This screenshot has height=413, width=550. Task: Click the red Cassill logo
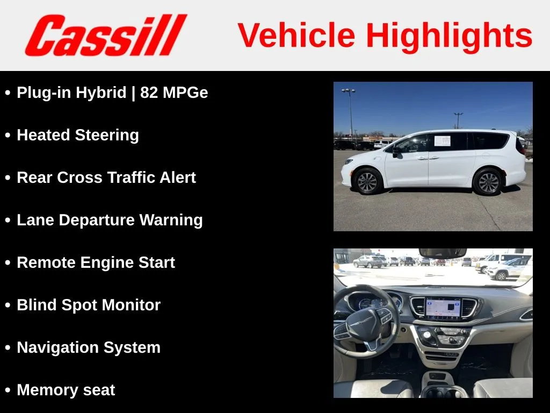[x=106, y=35]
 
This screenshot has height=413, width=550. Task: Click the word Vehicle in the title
[x=296, y=35]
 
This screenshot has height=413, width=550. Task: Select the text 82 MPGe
[x=174, y=92]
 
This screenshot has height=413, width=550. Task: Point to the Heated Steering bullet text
[x=78, y=136]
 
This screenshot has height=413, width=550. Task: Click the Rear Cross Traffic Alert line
[x=106, y=177]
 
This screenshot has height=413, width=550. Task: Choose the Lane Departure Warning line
[x=110, y=220]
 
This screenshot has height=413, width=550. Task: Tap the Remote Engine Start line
[x=96, y=262]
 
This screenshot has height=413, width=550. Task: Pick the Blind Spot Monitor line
[x=89, y=305]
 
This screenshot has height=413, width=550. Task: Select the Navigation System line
[x=89, y=348]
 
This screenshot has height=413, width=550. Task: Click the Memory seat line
[x=66, y=390]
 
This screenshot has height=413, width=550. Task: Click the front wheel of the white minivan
[x=367, y=182]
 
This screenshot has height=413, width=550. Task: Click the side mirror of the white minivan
[x=396, y=152]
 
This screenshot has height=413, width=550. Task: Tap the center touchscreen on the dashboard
[x=443, y=309]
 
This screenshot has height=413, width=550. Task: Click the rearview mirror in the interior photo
[x=443, y=253]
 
